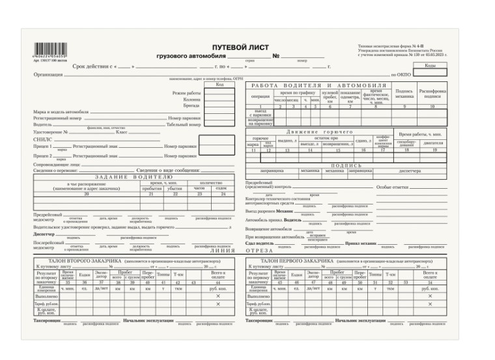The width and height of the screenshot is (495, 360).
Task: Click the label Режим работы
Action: (187, 93)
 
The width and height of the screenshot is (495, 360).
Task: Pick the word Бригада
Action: (192, 105)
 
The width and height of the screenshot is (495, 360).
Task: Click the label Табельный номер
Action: (184, 124)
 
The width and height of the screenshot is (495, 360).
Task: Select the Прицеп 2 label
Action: (42, 156)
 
